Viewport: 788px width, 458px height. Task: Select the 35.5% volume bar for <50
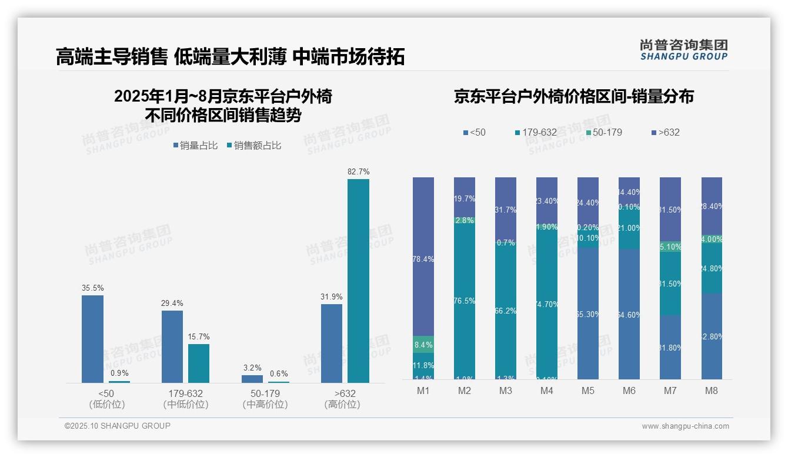(92, 339)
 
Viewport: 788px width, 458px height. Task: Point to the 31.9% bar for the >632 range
(332, 343)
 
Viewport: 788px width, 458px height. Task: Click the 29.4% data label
(172, 304)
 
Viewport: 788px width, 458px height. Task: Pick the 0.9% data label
(119, 373)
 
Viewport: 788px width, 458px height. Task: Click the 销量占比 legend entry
(197, 146)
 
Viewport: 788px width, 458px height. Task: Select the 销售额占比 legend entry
(253, 146)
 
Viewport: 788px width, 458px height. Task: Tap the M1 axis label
(423, 391)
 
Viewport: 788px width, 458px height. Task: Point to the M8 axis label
(712, 391)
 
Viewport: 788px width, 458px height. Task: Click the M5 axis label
(588, 391)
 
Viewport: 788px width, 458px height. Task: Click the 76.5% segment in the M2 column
(465, 301)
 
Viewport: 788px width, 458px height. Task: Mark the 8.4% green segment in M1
(423, 345)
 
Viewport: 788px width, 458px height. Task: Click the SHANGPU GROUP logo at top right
(683, 50)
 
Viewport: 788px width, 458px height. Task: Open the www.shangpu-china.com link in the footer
(685, 426)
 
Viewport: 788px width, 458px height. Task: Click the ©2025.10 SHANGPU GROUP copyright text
(118, 426)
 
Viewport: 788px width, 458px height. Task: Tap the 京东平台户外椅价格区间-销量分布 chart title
(573, 97)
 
